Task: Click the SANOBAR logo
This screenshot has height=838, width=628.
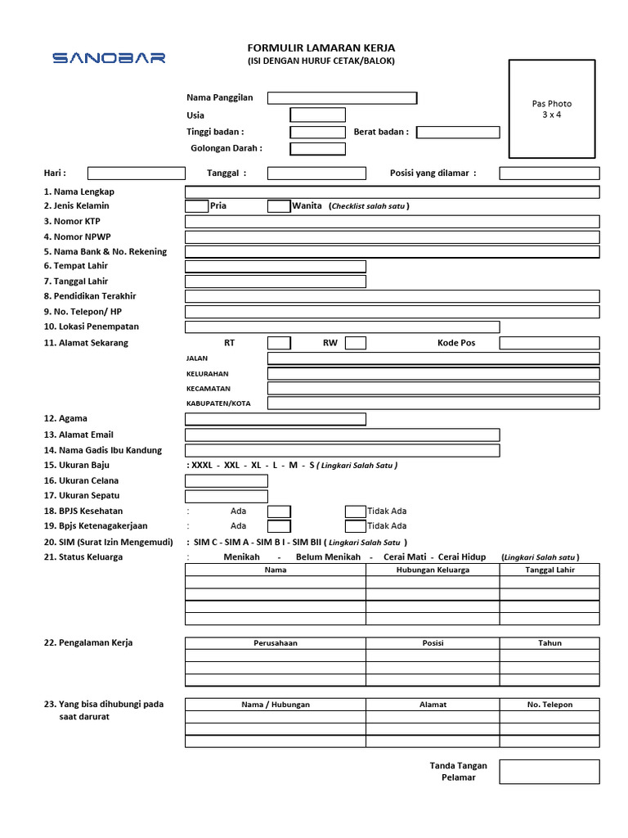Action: (109, 58)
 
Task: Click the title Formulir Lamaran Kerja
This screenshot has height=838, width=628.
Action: (321, 48)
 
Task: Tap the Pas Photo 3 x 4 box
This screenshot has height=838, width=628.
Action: (551, 109)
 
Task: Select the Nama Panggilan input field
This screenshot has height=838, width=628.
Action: (342, 98)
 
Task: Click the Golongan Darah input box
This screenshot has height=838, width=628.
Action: (317, 149)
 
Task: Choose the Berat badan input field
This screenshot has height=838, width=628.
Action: (458, 133)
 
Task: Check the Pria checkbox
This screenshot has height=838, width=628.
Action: (196, 206)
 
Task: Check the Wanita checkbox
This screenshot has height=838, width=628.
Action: (278, 206)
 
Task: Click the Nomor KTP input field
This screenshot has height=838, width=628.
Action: (392, 222)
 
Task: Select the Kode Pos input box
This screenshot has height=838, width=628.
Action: (549, 343)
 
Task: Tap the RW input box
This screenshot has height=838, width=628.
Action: (355, 343)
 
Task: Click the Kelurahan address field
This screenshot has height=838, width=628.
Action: (433, 374)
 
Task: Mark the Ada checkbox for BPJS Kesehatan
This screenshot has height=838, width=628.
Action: (279, 511)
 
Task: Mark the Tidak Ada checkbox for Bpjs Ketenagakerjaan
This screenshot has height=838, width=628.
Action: (355, 526)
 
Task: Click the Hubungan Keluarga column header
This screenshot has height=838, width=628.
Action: (433, 570)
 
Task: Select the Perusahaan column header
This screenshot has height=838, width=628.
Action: (276, 643)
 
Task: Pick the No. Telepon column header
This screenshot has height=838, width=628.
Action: (549, 705)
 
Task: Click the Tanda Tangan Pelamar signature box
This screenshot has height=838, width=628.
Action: (549, 772)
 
